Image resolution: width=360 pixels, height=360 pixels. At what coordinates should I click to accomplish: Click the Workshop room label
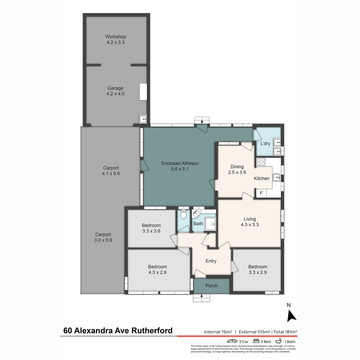[116, 37]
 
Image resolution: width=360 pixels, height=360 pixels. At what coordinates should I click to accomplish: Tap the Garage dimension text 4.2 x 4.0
[115, 94]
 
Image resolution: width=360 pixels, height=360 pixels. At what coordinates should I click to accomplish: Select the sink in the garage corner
[143, 119]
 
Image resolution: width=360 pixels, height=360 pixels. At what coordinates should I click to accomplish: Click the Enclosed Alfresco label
[180, 163]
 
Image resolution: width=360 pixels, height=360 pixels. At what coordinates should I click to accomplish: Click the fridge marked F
[261, 193]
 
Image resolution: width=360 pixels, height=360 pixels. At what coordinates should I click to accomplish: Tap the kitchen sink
[276, 177]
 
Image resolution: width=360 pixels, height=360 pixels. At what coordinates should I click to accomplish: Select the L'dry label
[265, 144]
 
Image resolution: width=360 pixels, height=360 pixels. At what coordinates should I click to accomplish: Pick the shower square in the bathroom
[210, 224]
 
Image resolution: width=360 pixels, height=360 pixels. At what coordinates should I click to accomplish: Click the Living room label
[250, 219]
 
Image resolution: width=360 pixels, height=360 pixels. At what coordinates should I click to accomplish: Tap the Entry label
[211, 261]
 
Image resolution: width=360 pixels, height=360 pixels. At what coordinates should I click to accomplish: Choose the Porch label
[212, 286]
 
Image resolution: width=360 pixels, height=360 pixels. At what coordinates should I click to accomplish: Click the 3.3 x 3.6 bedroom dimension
[151, 231]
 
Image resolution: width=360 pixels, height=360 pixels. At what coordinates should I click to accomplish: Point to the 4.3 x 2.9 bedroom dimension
[157, 272]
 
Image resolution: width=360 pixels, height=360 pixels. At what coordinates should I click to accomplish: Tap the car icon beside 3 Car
[232, 341]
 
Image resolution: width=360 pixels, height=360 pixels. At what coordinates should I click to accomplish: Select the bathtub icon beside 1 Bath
[279, 341]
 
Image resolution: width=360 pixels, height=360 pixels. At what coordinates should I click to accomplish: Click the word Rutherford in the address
[152, 331]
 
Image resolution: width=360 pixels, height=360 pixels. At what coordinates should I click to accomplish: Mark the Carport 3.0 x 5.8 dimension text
[103, 240]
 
